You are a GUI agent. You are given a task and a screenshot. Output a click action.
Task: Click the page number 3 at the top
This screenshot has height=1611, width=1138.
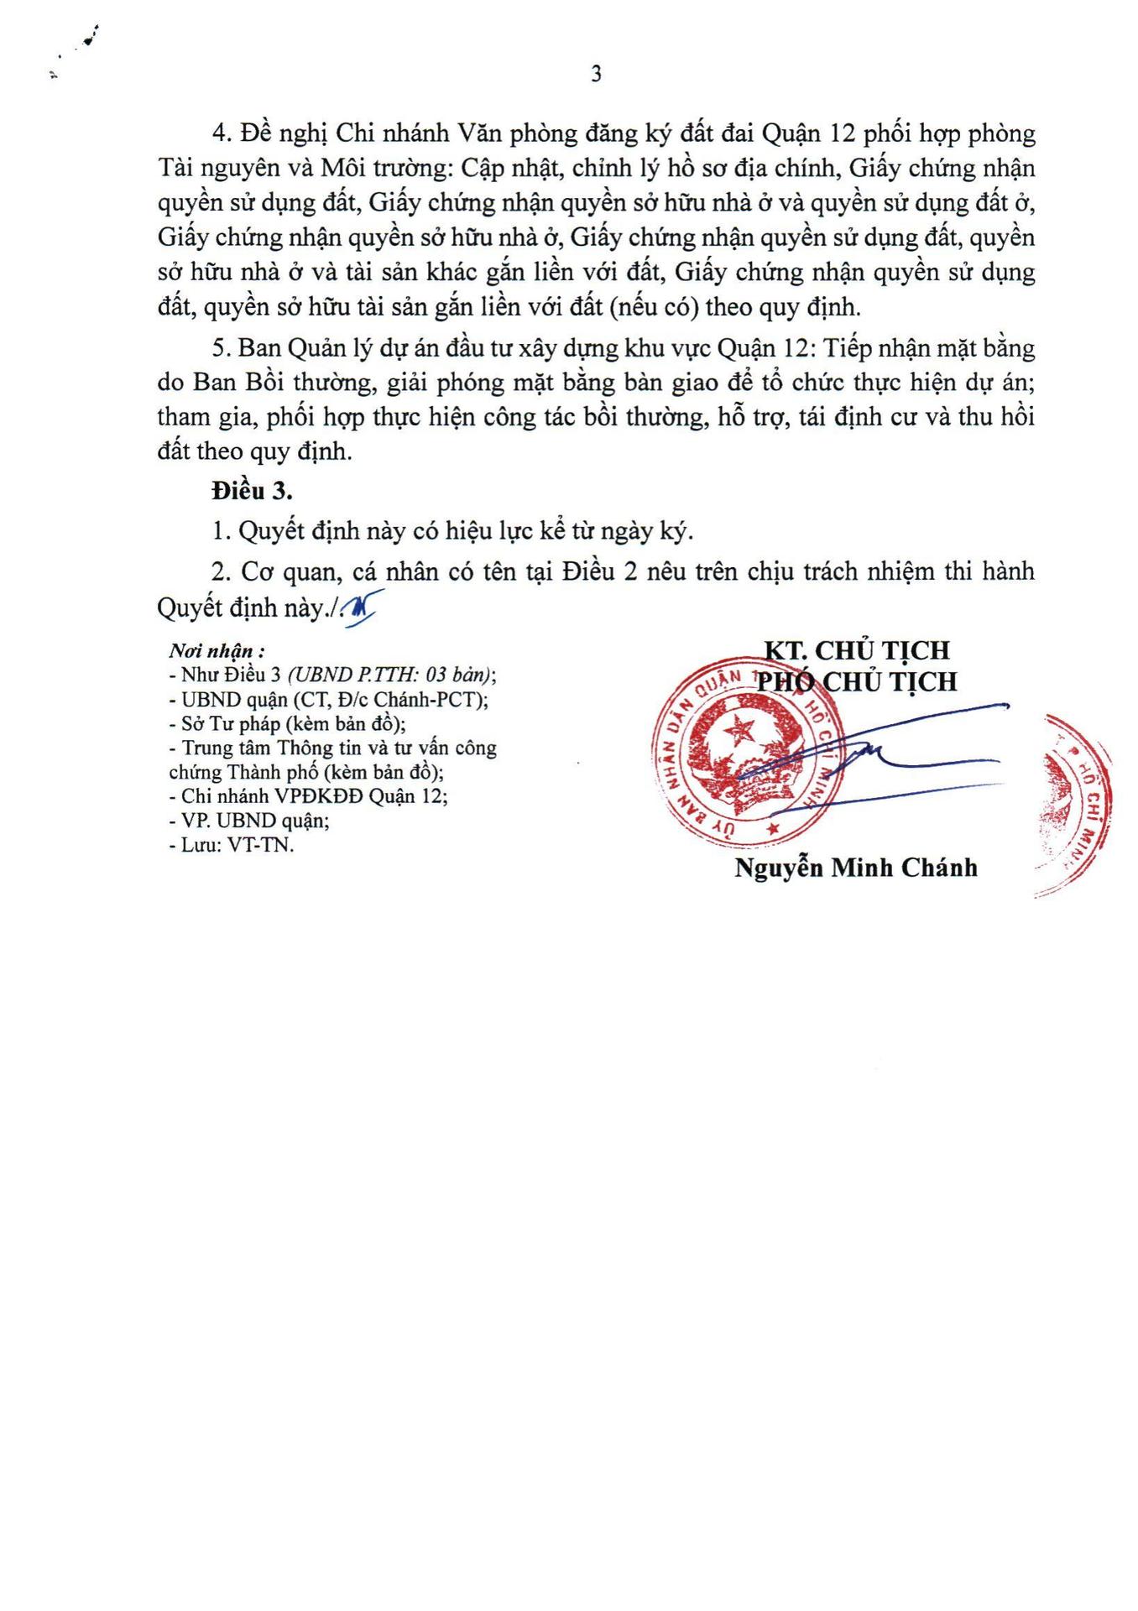[596, 75]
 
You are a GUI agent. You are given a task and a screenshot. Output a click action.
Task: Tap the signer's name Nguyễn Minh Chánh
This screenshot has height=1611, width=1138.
[856, 868]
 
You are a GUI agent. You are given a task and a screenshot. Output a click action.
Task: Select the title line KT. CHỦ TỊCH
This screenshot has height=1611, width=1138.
[856, 650]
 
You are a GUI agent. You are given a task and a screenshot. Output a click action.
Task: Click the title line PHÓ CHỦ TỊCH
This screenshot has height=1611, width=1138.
[856, 681]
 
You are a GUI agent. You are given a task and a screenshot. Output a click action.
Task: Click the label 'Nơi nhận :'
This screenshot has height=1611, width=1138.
[217, 651]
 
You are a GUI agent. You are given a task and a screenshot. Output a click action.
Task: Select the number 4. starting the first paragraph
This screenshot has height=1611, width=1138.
[221, 133]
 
